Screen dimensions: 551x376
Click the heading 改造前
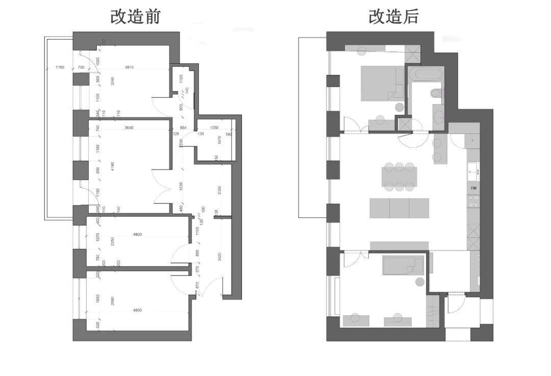tap(136, 16)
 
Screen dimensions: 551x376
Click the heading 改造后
tap(393, 16)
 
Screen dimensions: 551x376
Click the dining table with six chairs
tap(399, 176)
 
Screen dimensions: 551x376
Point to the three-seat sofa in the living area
tap(399, 208)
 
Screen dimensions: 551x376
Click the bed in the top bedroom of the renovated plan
tap(380, 83)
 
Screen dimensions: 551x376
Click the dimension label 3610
tap(132, 67)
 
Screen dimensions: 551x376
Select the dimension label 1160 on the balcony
tap(60, 67)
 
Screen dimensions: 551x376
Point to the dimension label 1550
tap(214, 128)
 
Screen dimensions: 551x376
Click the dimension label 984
tap(183, 128)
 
